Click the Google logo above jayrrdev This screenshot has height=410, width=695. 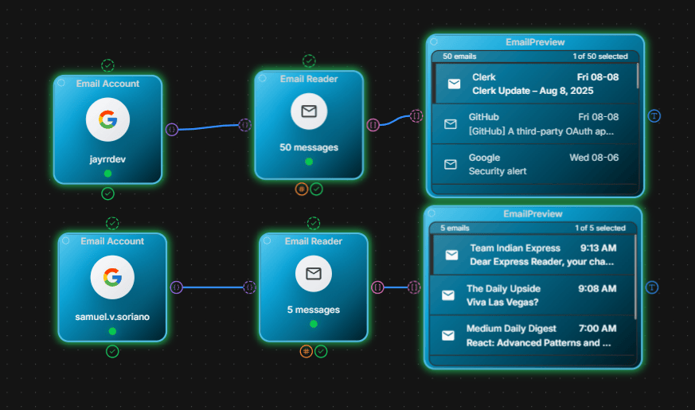pos(107,119)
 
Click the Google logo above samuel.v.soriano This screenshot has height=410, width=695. pos(112,278)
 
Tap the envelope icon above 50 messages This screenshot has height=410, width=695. pos(309,111)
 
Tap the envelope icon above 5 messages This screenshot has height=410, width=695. pos(314,274)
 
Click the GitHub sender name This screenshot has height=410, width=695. pos(483,117)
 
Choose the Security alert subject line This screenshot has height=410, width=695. pos(498,171)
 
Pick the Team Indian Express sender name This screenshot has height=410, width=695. pos(515,248)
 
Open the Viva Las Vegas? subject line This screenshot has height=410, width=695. pos(502,303)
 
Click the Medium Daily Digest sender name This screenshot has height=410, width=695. pos(511,329)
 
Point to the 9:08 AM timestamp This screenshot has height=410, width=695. pos(597,288)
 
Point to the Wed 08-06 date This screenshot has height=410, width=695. pos(594,158)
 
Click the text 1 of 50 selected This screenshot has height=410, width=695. pos(600,57)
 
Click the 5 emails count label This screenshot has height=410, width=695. pos(455,228)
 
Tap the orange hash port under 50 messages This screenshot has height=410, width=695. pos(302,189)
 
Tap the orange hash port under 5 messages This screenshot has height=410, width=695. pos(306,352)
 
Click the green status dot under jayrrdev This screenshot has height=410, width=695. pos(107,174)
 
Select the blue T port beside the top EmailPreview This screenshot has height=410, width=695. pos(654,116)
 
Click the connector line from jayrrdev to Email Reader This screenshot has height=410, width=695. pos(209,127)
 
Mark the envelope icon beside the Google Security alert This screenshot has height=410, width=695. pos(451,165)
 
